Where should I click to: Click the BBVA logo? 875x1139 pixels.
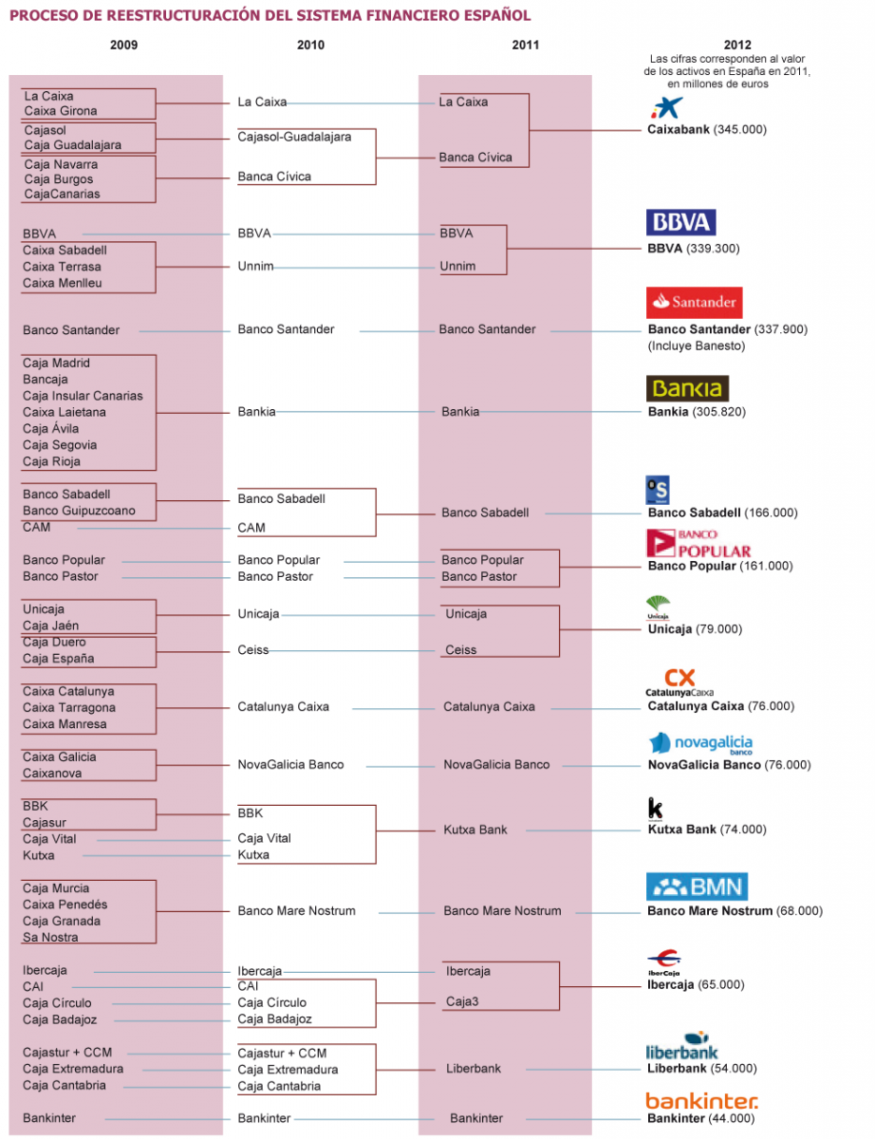pyautogui.click(x=680, y=222)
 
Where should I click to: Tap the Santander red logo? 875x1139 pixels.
pyautogui.click(x=694, y=303)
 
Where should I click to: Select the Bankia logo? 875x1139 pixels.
pyautogui.click(x=687, y=388)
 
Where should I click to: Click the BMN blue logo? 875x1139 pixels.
pyautogui.click(x=697, y=887)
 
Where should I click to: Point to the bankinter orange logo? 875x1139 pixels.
pyautogui.click(x=701, y=1101)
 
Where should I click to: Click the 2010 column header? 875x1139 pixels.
pyautogui.click(x=310, y=45)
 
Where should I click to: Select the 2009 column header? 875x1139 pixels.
pyautogui.click(x=123, y=45)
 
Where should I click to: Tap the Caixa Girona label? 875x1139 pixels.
pyautogui.click(x=60, y=111)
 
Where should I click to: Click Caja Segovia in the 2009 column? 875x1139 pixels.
pyautogui.click(x=59, y=445)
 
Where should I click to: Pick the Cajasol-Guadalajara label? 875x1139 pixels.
pyautogui.click(x=294, y=137)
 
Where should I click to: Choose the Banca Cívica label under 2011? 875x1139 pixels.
pyautogui.click(x=475, y=158)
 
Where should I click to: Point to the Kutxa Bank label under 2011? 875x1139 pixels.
pyautogui.click(x=475, y=830)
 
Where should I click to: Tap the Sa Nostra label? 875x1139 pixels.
pyautogui.click(x=50, y=938)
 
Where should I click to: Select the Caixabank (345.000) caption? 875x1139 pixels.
pyautogui.click(x=706, y=129)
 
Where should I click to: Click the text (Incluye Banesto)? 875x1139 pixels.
pyautogui.click(x=696, y=345)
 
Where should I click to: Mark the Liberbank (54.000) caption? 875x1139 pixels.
pyautogui.click(x=701, y=1068)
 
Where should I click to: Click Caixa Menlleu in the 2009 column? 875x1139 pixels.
pyautogui.click(x=62, y=283)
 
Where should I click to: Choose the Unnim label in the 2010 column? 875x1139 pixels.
pyautogui.click(x=255, y=267)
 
